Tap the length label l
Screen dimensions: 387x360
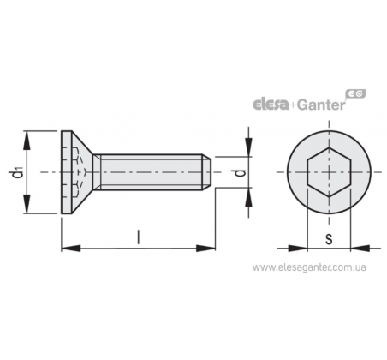tap(139, 237)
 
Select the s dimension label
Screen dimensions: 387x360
tap(329, 239)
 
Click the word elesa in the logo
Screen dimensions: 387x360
tap(271, 105)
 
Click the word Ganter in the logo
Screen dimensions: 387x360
tap(321, 105)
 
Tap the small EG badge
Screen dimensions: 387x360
tap(355, 93)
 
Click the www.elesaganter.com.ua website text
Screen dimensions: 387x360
tap(309, 267)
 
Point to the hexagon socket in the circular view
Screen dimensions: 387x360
tap(329, 172)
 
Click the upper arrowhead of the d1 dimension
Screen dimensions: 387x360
tap(27, 141)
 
